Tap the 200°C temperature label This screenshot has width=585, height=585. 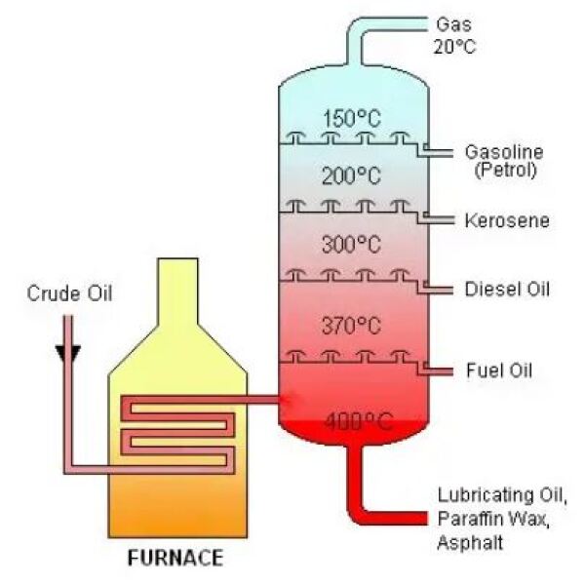coord(350,175)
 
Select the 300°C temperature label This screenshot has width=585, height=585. coord(350,245)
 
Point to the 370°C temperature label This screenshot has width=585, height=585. coord(350,325)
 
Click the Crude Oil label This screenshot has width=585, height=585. coord(69,293)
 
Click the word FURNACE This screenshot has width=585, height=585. coord(175,559)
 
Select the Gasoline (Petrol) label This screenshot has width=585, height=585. coord(503,162)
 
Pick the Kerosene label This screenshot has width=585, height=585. coord(507,221)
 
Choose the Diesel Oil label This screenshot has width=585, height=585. coord(507,290)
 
